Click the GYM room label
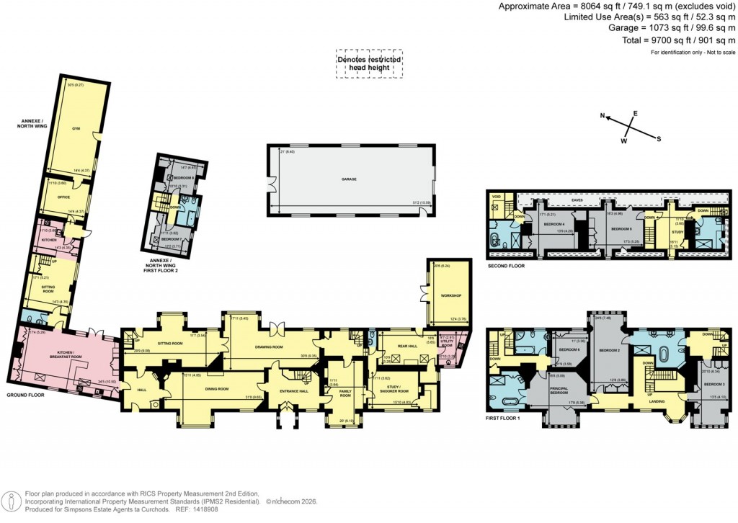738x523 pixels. pyautogui.click(x=76, y=128)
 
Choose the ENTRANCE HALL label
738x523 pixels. pyautogui.click(x=294, y=390)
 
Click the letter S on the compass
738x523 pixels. pyautogui.click(x=659, y=138)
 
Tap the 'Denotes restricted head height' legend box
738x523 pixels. pyautogui.click(x=369, y=63)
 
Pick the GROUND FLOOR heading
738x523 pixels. pyautogui.click(x=27, y=395)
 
